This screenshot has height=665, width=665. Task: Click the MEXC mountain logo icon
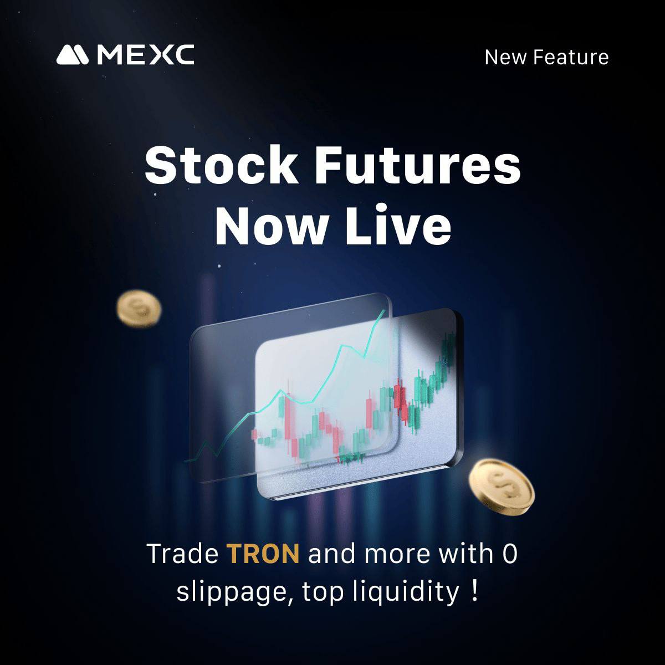73,55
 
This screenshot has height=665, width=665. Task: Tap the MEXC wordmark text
145,55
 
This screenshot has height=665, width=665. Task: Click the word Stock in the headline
221,166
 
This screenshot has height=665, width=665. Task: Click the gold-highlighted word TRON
263,554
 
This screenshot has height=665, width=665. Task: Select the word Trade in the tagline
182,554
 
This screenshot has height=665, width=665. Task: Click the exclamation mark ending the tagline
473,591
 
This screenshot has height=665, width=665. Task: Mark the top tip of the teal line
383,311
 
